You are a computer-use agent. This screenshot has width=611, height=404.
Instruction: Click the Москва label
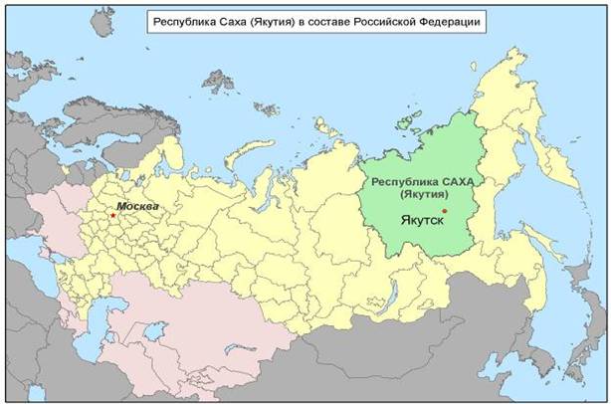coord(138,206)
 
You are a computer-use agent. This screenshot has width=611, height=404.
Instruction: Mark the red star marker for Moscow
coord(113,214)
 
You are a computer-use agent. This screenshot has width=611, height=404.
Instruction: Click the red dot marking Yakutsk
coord(444,211)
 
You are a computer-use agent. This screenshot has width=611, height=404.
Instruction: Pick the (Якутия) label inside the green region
coord(422,195)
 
